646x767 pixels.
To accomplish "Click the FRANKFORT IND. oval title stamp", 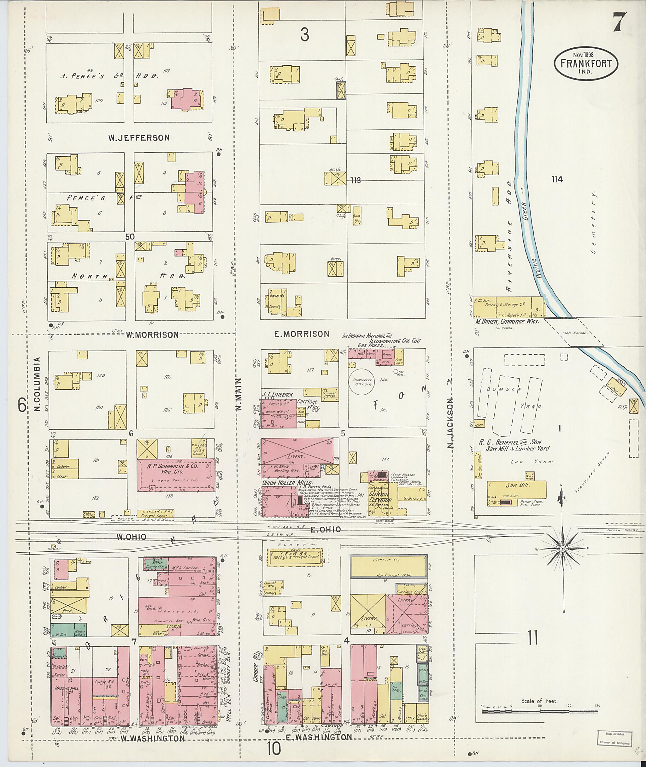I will (x=585, y=63).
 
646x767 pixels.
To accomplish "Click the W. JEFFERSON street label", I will (x=139, y=138).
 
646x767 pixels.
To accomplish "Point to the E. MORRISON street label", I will (x=302, y=334).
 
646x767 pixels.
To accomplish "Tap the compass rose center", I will (x=563, y=548).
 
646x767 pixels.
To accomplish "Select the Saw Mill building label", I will (x=513, y=485).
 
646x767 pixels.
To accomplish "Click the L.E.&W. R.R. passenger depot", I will (x=294, y=557).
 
